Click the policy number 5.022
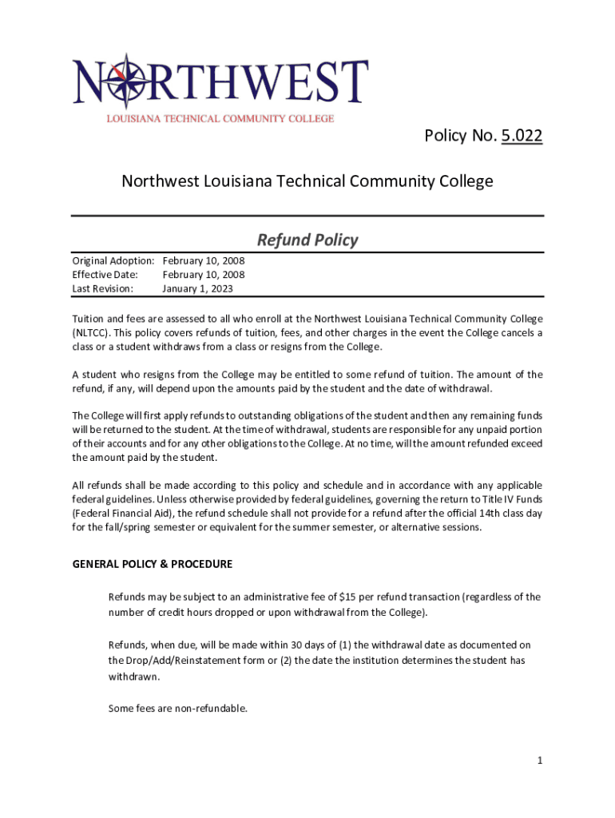(x=522, y=137)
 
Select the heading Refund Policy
(x=307, y=240)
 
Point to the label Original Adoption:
(x=113, y=260)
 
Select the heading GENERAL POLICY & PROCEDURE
(x=152, y=564)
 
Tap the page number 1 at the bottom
(x=540, y=760)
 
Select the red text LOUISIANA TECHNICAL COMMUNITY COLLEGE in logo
(x=220, y=118)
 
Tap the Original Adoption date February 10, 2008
(x=203, y=260)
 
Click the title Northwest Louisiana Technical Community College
(x=307, y=181)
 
